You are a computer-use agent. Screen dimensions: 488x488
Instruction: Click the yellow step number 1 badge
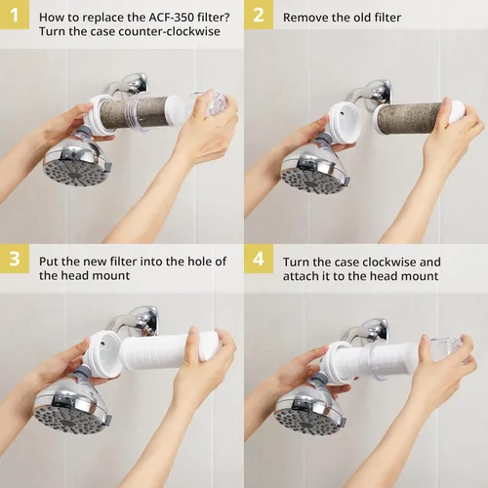point(15,15)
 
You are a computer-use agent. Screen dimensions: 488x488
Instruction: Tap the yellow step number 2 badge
point(259,15)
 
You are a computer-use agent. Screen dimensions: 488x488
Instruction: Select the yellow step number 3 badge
point(15,259)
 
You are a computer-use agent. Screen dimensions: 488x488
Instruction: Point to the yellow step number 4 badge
point(259,259)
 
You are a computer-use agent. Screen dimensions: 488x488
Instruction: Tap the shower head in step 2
point(315,169)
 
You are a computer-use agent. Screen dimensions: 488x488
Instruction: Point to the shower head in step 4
point(311,412)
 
